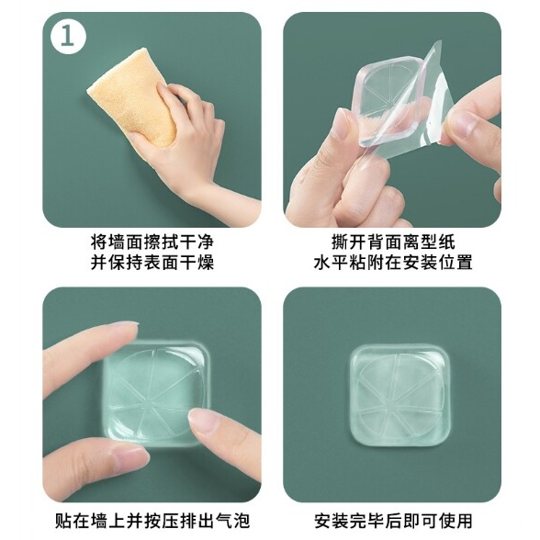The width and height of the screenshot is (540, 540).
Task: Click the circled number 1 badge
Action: coord(68,36)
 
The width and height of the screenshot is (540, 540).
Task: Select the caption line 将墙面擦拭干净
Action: coord(152,242)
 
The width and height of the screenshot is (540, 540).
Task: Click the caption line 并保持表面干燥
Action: coord(152,262)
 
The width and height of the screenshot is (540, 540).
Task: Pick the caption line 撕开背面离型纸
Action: coord(393,242)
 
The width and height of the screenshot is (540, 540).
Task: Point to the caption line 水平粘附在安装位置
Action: coord(393,262)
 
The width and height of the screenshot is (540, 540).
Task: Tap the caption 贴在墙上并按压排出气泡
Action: coord(152,521)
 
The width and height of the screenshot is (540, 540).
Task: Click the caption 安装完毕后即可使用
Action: coord(393,521)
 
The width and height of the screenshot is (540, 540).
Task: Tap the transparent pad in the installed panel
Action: coord(399,395)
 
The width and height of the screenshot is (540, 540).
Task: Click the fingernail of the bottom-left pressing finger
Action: coord(131,458)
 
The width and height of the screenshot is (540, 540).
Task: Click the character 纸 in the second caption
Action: coord(446,242)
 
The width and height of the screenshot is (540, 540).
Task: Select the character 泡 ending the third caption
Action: coord(241,521)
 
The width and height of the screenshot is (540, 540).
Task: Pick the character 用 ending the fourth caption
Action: coord(464,521)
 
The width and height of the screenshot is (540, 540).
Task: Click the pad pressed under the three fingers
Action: coord(155,393)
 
